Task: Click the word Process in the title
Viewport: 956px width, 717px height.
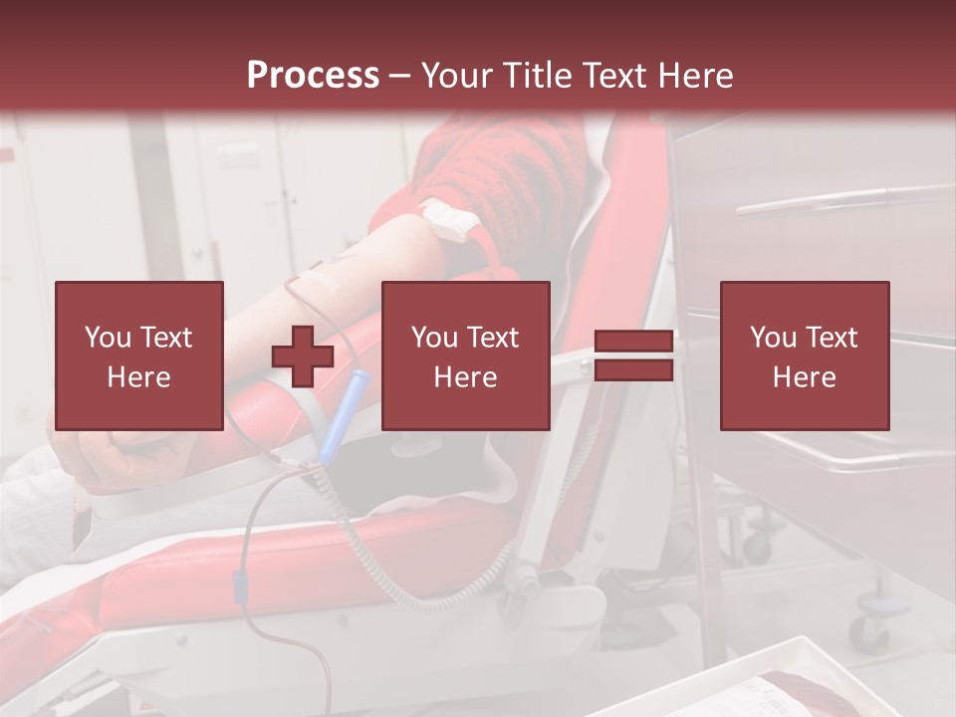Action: pyautogui.click(x=313, y=75)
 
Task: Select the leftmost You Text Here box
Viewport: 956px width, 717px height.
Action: pyautogui.click(x=138, y=356)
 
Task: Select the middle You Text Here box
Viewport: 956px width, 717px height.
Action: pyautogui.click(x=465, y=356)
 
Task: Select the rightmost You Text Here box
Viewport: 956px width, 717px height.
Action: pyautogui.click(x=804, y=356)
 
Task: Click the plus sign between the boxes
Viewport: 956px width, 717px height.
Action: pyautogui.click(x=303, y=356)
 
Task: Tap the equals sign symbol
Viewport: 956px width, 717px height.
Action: pyautogui.click(x=633, y=356)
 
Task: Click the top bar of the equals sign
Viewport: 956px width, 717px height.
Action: pyautogui.click(x=633, y=341)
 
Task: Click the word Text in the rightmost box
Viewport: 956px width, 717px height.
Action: pyautogui.click(x=831, y=338)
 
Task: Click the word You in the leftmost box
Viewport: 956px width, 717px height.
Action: pyautogui.click(x=108, y=338)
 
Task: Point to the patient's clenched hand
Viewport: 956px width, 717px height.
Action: pyautogui.click(x=110, y=453)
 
